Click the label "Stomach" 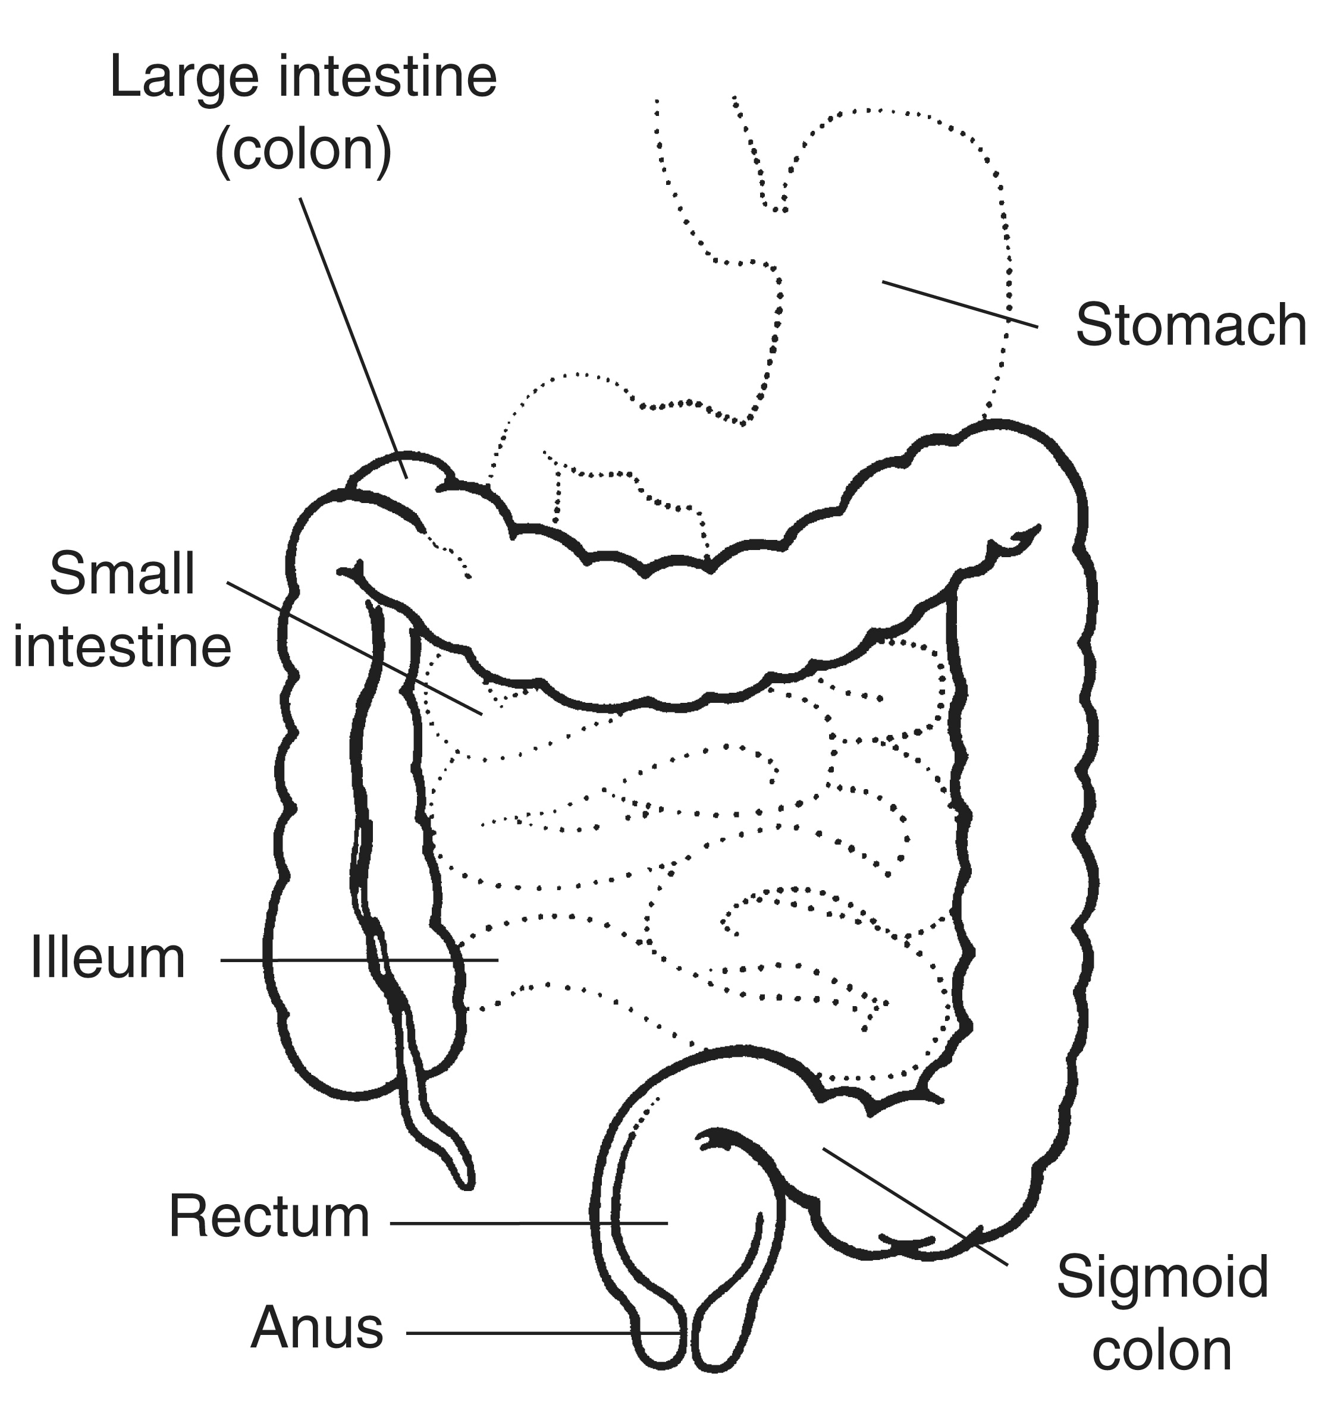1191,325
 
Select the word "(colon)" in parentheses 303,150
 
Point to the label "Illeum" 108,959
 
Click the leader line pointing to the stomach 960,304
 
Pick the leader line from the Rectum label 528,1223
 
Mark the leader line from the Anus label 542,1332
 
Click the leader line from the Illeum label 359,960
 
